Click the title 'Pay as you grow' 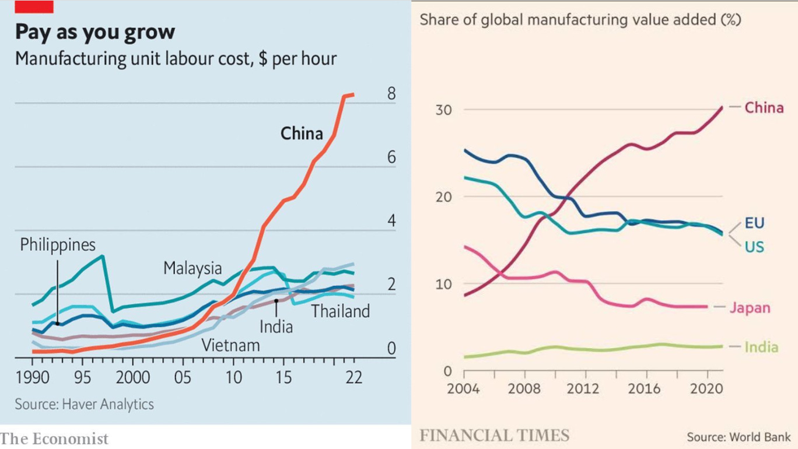click(x=94, y=32)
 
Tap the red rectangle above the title click(x=34, y=6)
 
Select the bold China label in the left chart click(x=302, y=134)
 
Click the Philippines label click(x=58, y=245)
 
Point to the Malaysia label click(x=192, y=268)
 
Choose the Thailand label click(x=340, y=311)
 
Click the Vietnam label click(x=230, y=345)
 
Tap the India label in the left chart click(x=276, y=326)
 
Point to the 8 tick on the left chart click(x=391, y=94)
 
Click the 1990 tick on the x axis click(x=33, y=377)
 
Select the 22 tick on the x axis click(x=353, y=377)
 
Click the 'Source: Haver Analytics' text click(x=85, y=404)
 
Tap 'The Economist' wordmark click(x=54, y=439)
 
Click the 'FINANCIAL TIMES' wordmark click(x=494, y=435)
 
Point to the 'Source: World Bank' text click(x=738, y=437)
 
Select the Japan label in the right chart click(x=750, y=308)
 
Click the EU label click(x=754, y=223)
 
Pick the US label click(x=754, y=247)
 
